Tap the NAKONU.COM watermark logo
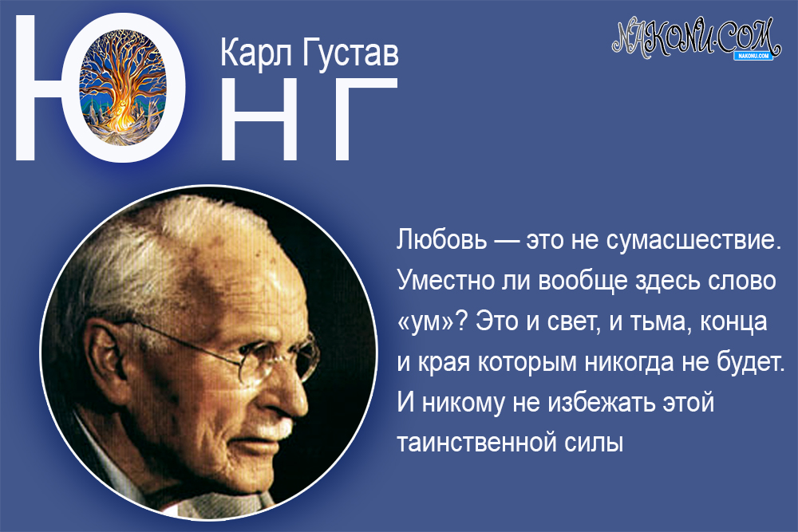pyautogui.click(x=694, y=37)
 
